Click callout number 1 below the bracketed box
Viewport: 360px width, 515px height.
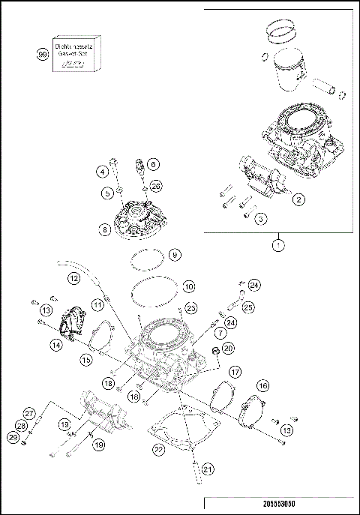(279, 244)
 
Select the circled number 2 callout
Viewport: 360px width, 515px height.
(298, 199)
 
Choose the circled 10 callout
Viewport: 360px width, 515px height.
(188, 286)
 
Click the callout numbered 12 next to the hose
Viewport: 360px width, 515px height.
(73, 278)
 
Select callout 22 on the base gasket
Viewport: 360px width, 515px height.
(158, 450)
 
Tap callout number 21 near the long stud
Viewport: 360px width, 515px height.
(208, 470)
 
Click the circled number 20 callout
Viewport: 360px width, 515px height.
(229, 348)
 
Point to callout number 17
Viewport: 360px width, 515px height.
(235, 371)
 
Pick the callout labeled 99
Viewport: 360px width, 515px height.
(42, 54)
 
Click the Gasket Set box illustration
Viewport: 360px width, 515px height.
(75, 55)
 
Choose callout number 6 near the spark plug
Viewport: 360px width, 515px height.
(151, 163)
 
